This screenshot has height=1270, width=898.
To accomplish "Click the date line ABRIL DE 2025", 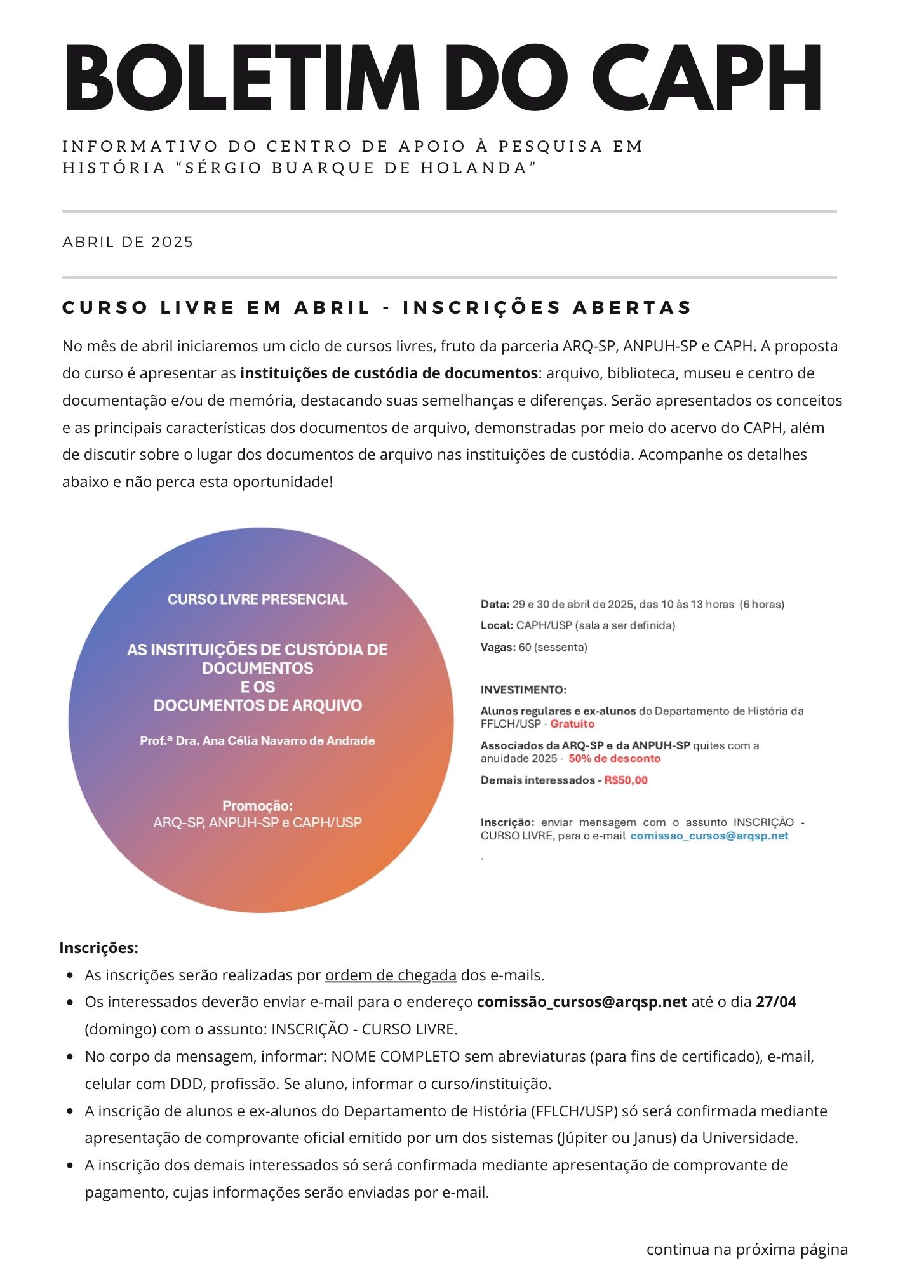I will [128, 242].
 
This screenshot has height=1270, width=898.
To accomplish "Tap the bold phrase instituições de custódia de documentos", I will [389, 373].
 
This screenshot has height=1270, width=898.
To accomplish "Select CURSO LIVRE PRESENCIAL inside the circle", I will [257, 599].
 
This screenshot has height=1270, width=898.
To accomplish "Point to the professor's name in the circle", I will [257, 740].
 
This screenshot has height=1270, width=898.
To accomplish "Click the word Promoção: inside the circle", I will [257, 806].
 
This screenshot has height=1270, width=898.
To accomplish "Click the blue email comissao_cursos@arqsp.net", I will [709, 836].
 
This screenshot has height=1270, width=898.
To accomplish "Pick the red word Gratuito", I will [572, 724].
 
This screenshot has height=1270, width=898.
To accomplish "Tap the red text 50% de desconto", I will [614, 758].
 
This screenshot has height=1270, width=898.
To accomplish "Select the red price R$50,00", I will [626, 780].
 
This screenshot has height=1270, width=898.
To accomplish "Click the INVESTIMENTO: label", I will [523, 690].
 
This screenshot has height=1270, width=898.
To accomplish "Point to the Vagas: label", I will [498, 647].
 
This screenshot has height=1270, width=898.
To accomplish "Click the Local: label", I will [497, 625].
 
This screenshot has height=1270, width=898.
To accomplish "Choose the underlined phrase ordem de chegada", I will [391, 975].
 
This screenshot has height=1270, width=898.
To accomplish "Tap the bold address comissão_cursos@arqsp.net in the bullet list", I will [582, 1003].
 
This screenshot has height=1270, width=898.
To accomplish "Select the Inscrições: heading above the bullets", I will [98, 948].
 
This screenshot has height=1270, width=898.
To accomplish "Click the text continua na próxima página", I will [747, 1250].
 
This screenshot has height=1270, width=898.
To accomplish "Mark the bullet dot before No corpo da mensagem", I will [70, 1057].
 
